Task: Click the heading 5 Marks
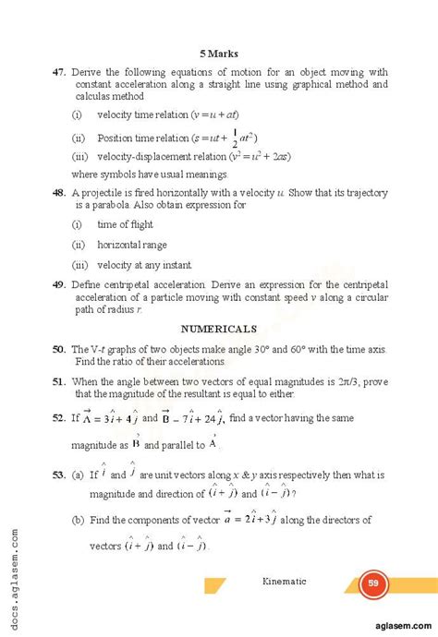tap(219, 54)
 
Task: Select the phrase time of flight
tap(126, 224)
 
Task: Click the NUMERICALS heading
tap(219, 328)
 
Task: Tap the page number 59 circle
tap(373, 583)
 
